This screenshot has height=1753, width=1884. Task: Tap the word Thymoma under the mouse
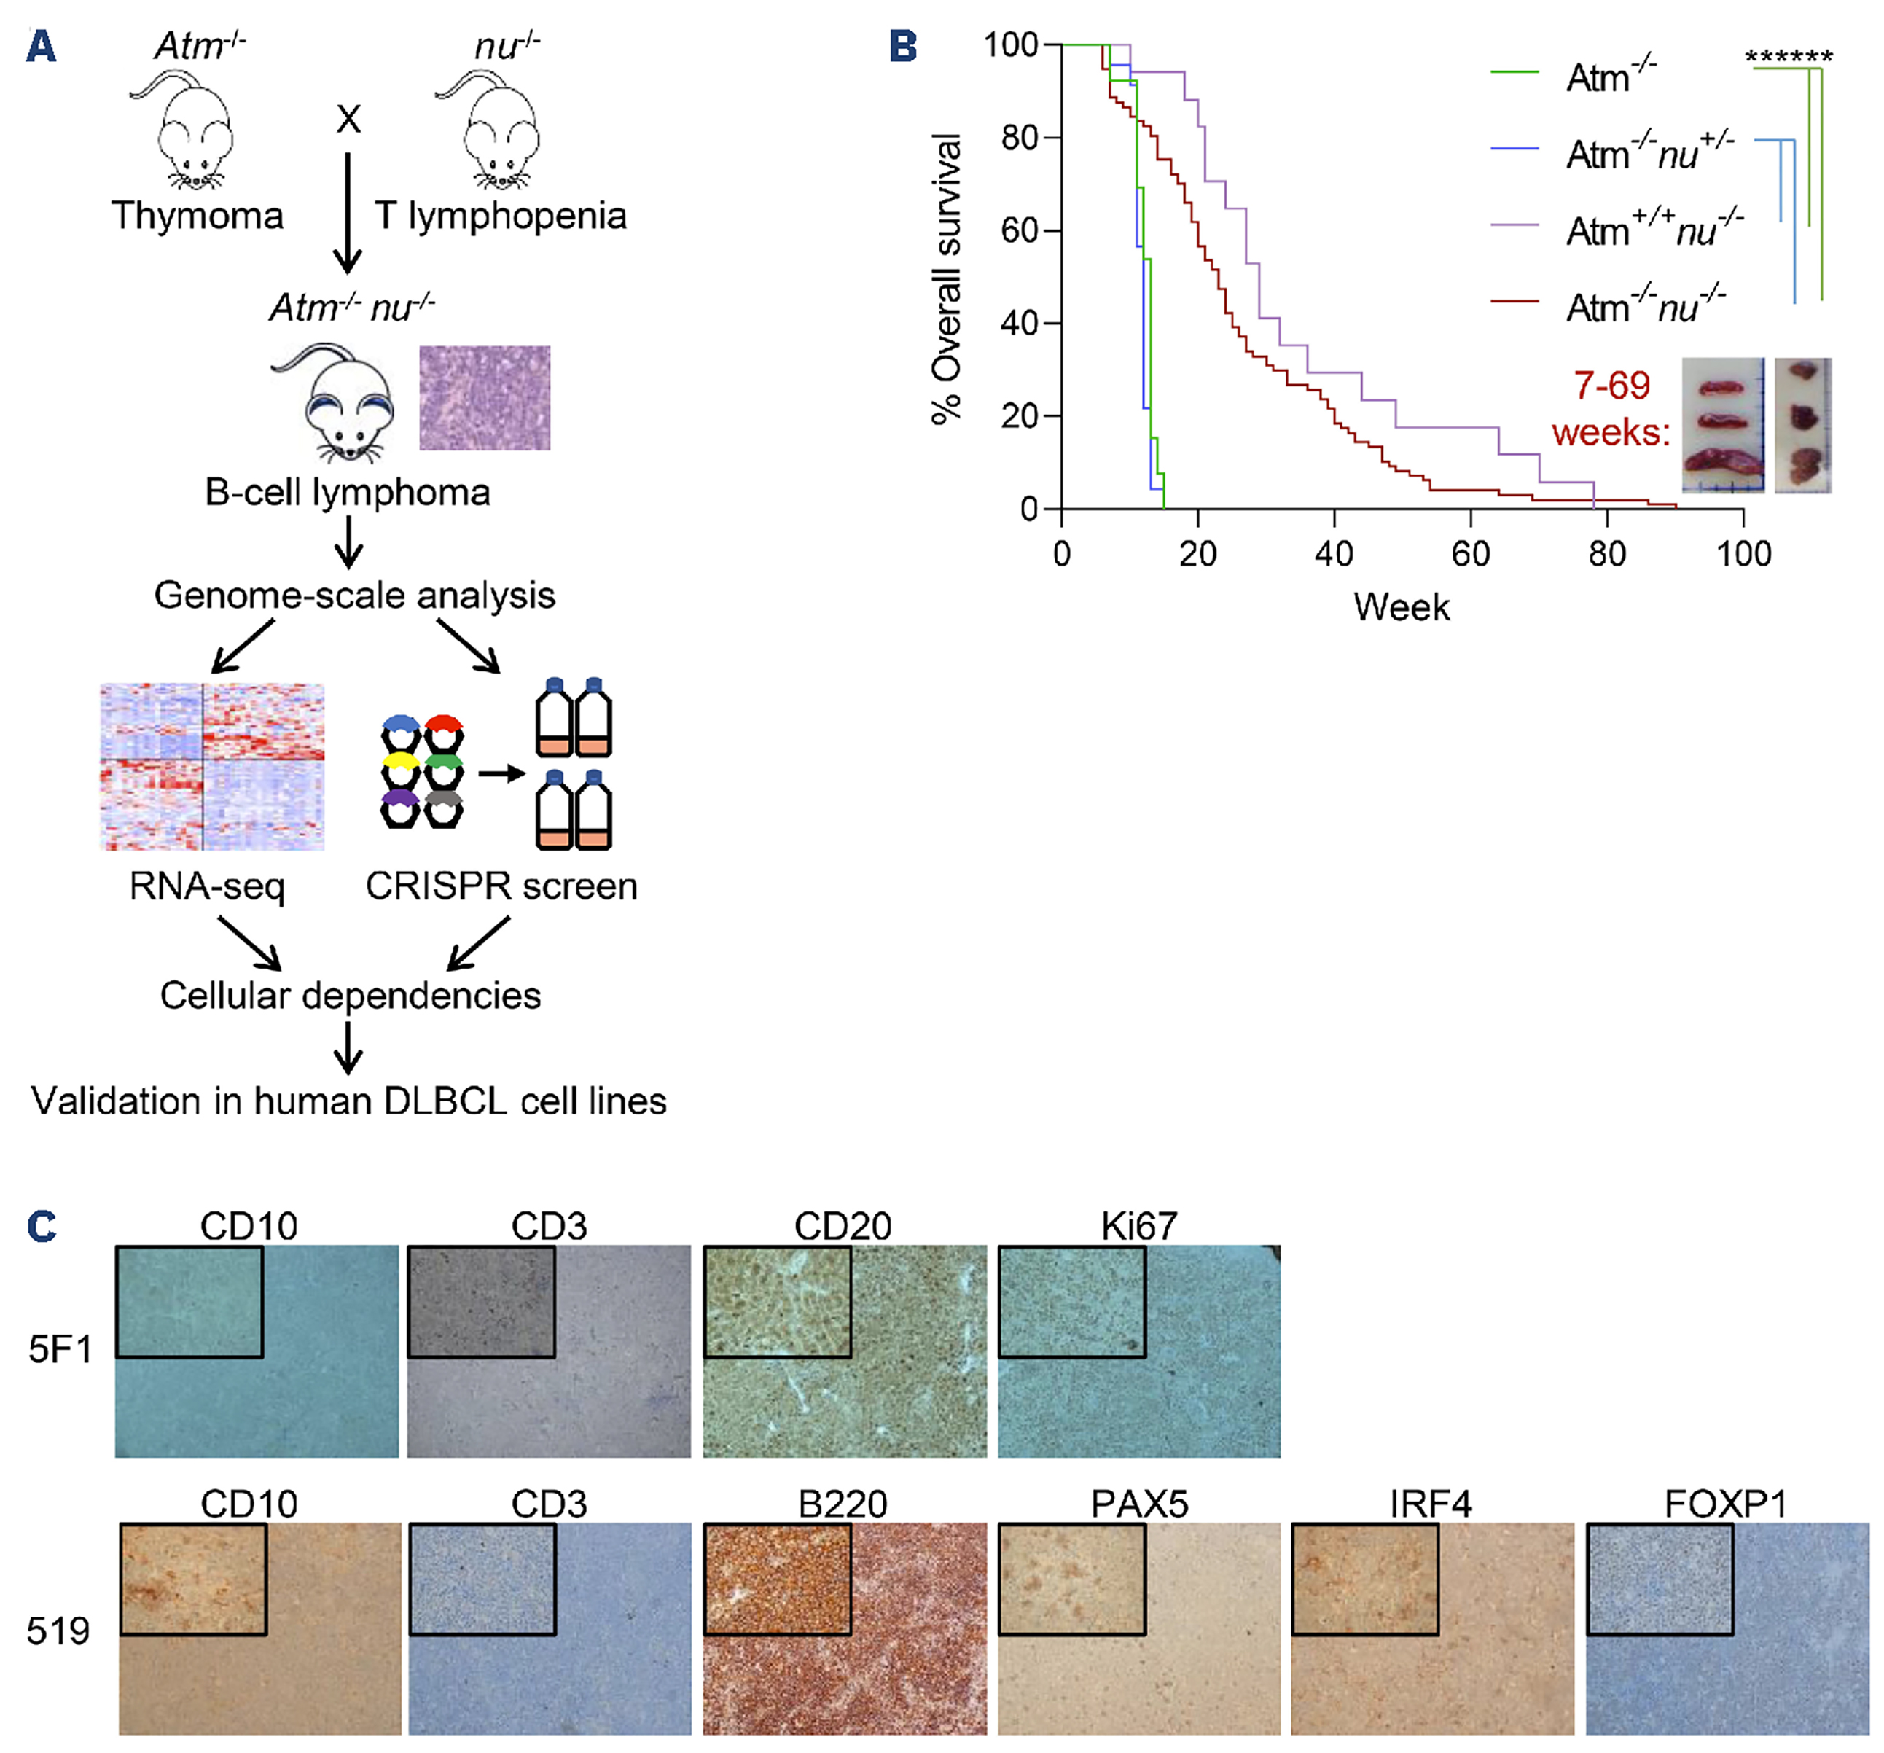tap(197, 216)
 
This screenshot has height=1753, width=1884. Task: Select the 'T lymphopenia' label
tap(501, 216)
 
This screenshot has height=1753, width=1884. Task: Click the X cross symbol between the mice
tap(349, 120)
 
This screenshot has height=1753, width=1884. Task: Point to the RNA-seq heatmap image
tap(212, 767)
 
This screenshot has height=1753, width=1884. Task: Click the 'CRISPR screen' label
tap(501, 886)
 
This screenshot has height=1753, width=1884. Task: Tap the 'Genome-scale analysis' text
tap(354, 595)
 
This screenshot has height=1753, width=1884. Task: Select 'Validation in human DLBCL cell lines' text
tap(349, 1101)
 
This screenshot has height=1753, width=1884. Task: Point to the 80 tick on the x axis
tap(1607, 553)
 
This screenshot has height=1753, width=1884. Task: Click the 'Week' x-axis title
tap(1401, 607)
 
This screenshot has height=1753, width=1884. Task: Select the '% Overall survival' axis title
tap(946, 280)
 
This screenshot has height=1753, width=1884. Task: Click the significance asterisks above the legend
tap(1789, 57)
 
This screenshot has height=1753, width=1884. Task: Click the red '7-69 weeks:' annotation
tap(1611, 408)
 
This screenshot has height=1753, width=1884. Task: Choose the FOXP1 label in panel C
tap(1725, 1504)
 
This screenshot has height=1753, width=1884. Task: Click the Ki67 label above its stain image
tap(1138, 1226)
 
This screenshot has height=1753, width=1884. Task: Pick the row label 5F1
tap(60, 1348)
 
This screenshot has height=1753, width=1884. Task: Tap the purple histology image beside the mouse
tap(484, 397)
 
